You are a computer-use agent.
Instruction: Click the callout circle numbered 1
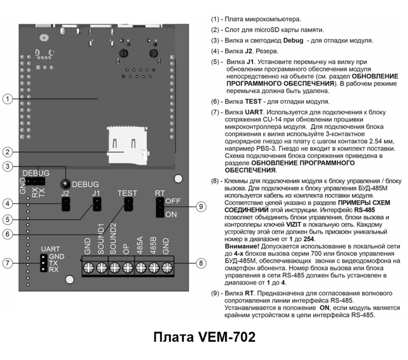point(7,99)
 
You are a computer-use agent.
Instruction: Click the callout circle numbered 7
point(7,264)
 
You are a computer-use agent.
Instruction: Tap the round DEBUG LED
point(64,184)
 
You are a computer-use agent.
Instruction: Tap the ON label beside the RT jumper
point(171,215)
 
